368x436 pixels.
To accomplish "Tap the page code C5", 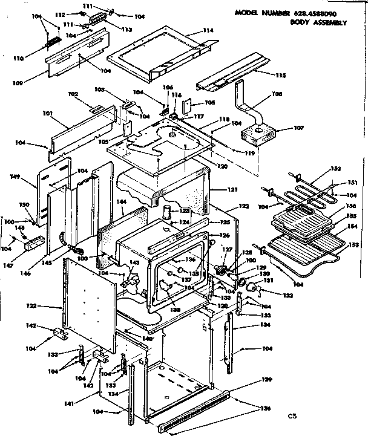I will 294,417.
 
